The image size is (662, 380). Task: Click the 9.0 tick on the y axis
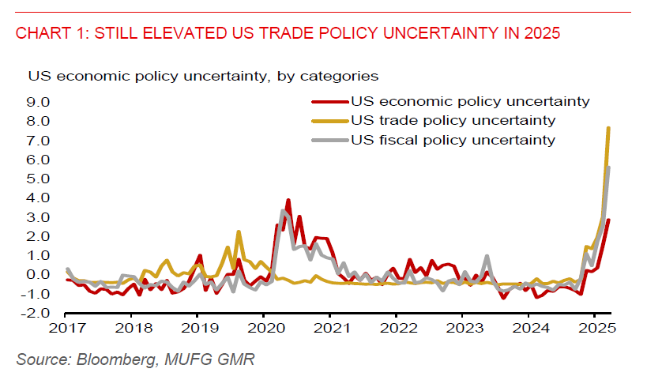tap(38, 102)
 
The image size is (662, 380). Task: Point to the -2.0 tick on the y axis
tap(36, 313)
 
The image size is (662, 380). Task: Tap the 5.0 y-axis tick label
tap(38, 179)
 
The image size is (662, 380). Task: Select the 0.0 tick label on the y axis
tap(38, 275)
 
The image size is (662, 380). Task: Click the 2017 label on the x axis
tap(67, 327)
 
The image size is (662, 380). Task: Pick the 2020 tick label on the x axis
tap(265, 327)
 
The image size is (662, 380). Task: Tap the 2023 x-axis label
tap(464, 327)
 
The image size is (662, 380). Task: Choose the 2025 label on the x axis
tap(596, 327)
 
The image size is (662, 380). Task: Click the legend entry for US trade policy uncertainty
tap(453, 121)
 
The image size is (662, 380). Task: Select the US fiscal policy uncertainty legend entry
tap(453, 140)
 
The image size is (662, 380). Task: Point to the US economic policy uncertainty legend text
tap(470, 101)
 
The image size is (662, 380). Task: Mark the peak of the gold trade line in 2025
tap(608, 128)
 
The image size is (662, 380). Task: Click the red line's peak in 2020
tap(288, 201)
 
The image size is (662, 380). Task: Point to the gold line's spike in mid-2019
tap(238, 232)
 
